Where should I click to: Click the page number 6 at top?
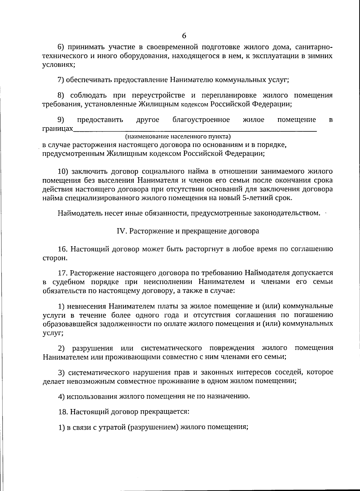tap(184, 36)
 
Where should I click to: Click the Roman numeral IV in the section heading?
tap(120, 231)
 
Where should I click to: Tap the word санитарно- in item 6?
tap(314, 47)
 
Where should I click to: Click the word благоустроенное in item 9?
tap(201, 120)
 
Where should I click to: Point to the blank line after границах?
tap(195, 130)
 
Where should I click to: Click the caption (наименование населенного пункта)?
tap(178, 137)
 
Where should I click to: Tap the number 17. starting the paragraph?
tap(63, 273)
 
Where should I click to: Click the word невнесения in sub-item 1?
tap(87, 306)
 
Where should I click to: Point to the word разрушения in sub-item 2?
tap(92, 348)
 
